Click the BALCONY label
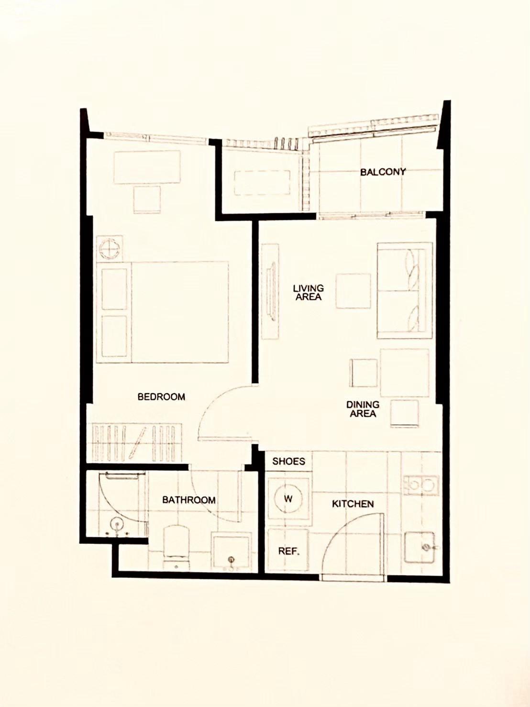(383, 172)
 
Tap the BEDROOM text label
(161, 397)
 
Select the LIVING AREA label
(309, 292)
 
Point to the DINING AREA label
(363, 409)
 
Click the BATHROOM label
(188, 500)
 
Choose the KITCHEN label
(353, 504)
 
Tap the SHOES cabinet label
(289, 461)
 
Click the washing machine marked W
(288, 499)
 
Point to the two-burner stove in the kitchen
(421, 485)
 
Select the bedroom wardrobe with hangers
(137, 443)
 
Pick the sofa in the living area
(405, 290)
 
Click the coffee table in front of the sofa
(353, 291)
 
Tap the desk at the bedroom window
(147, 167)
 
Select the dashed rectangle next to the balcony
(263, 183)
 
